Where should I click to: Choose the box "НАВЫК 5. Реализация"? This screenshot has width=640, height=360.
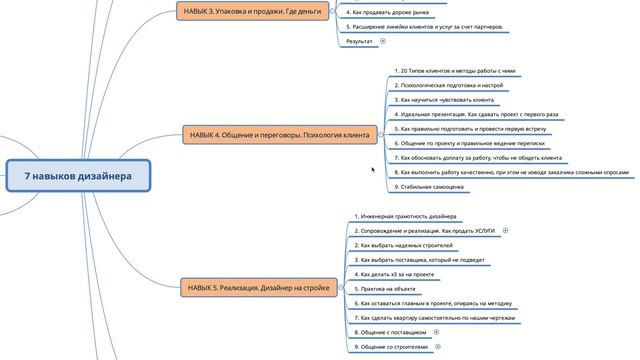[259, 288]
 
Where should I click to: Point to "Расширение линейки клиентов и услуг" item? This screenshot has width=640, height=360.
[424, 27]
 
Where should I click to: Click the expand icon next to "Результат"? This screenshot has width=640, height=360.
[383, 42]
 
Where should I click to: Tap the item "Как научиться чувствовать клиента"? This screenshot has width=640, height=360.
[444, 100]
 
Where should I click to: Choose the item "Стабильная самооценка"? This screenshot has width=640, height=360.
[430, 186]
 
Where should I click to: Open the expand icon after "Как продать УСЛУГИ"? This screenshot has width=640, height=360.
[506, 231]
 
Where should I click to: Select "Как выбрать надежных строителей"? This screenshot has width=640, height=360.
[405, 245]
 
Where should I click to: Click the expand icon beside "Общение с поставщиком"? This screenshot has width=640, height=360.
[437, 331]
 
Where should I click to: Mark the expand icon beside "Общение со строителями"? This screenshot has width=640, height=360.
[438, 346]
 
